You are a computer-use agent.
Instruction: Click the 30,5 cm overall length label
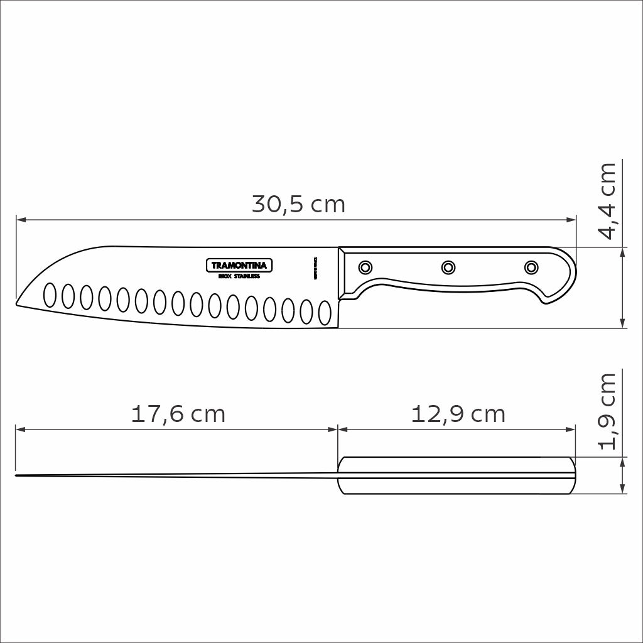coord(298,205)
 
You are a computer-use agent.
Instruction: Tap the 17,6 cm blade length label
coord(178,414)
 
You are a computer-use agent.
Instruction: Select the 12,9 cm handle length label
coord(458,414)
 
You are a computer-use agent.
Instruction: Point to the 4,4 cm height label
coord(608,201)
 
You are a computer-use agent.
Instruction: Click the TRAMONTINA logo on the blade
coord(237,266)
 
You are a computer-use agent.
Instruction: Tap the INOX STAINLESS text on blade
coord(237,276)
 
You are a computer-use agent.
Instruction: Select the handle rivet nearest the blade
coord(365,267)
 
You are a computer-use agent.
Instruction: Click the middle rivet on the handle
coord(448,267)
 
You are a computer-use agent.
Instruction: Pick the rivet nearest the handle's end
coord(531,267)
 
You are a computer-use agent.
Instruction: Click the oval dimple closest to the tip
coord(49,294)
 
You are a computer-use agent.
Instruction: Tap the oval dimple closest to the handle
coord(325,312)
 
